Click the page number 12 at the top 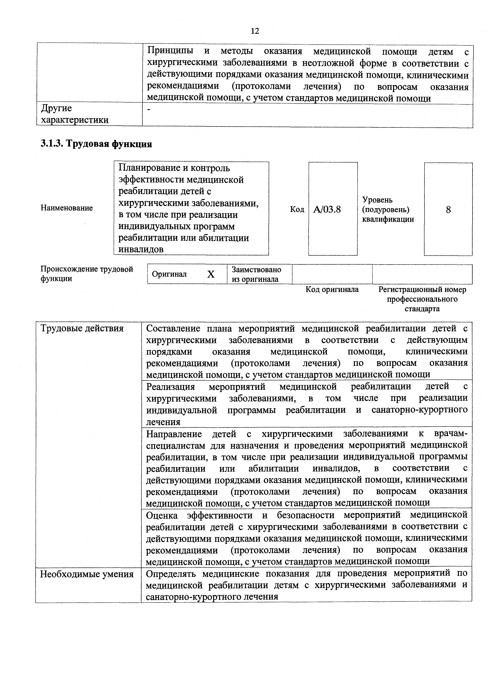255,31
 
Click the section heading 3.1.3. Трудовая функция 96,144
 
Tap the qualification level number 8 448,210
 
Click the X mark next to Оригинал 211,274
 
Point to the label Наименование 67,208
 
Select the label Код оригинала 332,289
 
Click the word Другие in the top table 56,108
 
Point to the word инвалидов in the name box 141,249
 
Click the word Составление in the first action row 173,329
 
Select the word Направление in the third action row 174,434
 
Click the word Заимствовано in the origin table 256,269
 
